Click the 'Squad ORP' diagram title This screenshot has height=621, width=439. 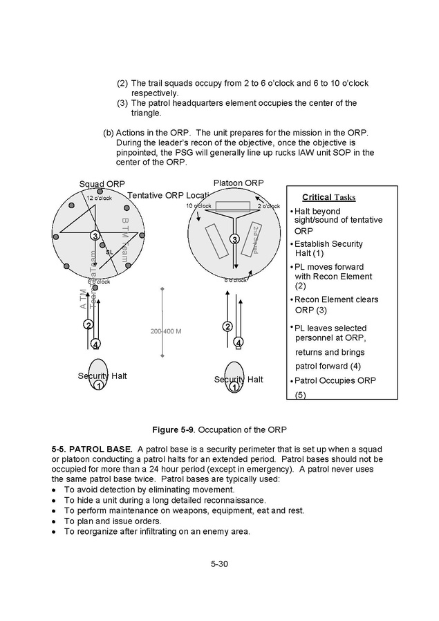[102, 184]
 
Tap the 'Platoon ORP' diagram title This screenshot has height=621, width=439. [239, 182]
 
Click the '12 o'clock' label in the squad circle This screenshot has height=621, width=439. [99, 198]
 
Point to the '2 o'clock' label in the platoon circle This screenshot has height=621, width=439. [268, 206]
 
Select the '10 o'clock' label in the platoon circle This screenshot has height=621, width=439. [198, 206]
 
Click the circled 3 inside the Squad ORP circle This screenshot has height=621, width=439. [95, 237]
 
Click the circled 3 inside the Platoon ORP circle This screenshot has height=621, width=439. [234, 239]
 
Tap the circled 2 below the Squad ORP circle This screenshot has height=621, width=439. [88, 325]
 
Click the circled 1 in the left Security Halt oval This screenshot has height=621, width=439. [98, 385]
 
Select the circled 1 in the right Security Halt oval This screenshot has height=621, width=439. [234, 387]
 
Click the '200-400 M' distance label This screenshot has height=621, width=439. [166, 331]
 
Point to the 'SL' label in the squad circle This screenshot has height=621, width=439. [109, 252]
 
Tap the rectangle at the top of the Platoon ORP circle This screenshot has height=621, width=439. [232, 206]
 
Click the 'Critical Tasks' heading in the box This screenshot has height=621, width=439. [328, 197]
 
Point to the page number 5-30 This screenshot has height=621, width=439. [219, 564]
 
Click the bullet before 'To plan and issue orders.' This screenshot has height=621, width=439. [54, 521]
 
